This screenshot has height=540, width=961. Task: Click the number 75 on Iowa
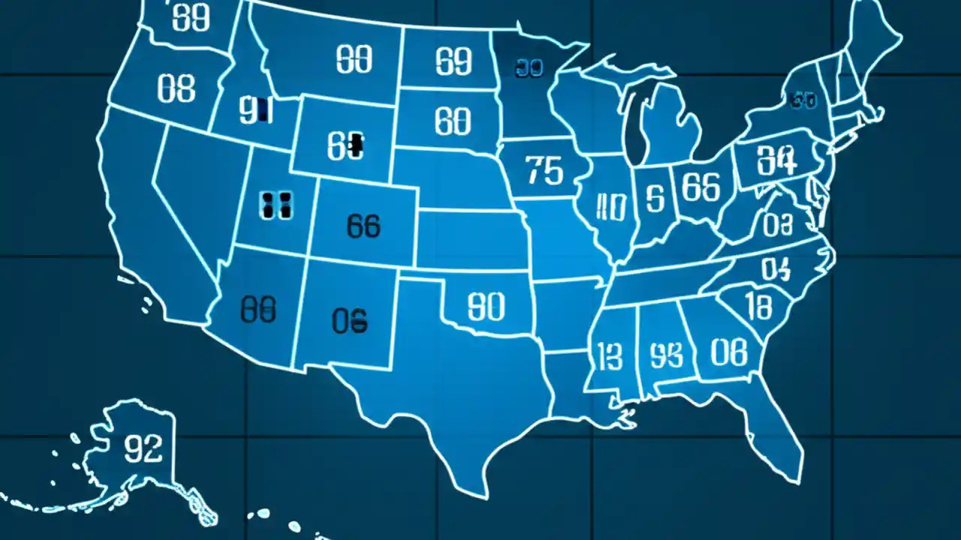(544, 171)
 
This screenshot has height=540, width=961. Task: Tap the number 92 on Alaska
(142, 449)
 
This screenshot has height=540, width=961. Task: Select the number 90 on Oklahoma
(486, 306)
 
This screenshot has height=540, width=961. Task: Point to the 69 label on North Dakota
(454, 61)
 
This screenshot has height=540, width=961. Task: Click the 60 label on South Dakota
(453, 121)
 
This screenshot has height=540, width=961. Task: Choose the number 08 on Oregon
(176, 89)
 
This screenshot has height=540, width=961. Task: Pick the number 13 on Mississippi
(610, 354)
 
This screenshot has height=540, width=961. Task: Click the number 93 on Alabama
(666, 355)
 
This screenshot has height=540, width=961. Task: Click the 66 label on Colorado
(364, 225)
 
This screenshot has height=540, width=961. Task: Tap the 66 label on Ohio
(701, 187)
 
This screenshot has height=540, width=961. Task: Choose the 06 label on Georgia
(728, 352)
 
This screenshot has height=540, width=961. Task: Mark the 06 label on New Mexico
(350, 320)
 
